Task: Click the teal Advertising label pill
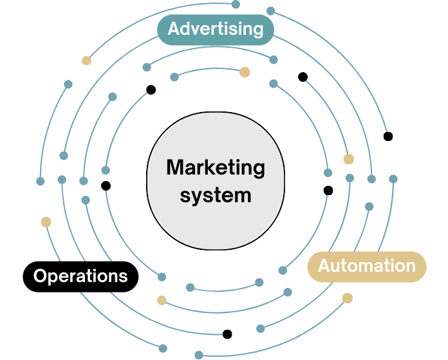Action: pyautogui.click(x=216, y=29)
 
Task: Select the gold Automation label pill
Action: pyautogui.click(x=366, y=266)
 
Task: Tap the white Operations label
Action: pyautogui.click(x=80, y=276)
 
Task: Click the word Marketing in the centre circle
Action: pyautogui.click(x=216, y=168)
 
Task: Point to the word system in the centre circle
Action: pyautogui.click(x=216, y=195)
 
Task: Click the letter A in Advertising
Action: pyautogui.click(x=174, y=29)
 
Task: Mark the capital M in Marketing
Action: pyautogui.click(x=174, y=168)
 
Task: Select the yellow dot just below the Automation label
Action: pyautogui.click(x=348, y=298)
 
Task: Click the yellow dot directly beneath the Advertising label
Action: pyautogui.click(x=245, y=72)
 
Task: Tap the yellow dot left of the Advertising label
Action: pyautogui.click(x=86, y=61)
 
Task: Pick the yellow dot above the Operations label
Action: pyautogui.click(x=46, y=222)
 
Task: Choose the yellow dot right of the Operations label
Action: pyautogui.click(x=162, y=299)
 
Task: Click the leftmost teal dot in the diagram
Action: pyautogui.click(x=41, y=181)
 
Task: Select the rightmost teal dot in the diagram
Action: pyautogui.click(x=393, y=178)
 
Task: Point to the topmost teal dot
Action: pyautogui.click(x=236, y=5)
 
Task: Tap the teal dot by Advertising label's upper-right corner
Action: pyautogui.click(x=271, y=11)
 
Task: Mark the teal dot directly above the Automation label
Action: pyautogui.click(x=369, y=207)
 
